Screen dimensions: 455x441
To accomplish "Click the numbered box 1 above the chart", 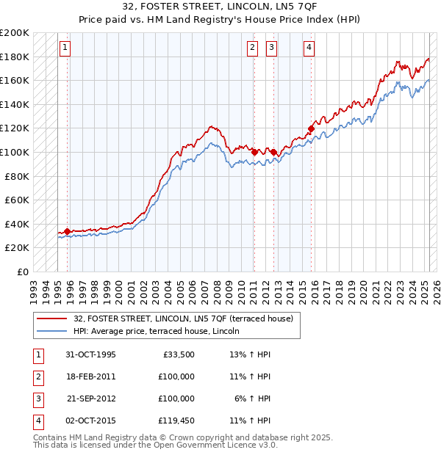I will click(65, 48).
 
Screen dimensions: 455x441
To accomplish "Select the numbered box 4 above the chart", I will click(309, 48).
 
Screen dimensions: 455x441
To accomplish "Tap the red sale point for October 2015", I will click(311, 129).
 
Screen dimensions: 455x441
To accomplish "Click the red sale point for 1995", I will click(68, 231).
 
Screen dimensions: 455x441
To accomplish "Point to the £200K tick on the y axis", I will click(15, 33).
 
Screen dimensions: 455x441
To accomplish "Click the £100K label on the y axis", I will click(15, 152).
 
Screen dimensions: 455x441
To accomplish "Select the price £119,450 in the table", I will click(176, 421).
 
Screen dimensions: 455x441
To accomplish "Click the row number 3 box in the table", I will click(37, 398).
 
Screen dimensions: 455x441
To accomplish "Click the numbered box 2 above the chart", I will click(252, 48).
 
